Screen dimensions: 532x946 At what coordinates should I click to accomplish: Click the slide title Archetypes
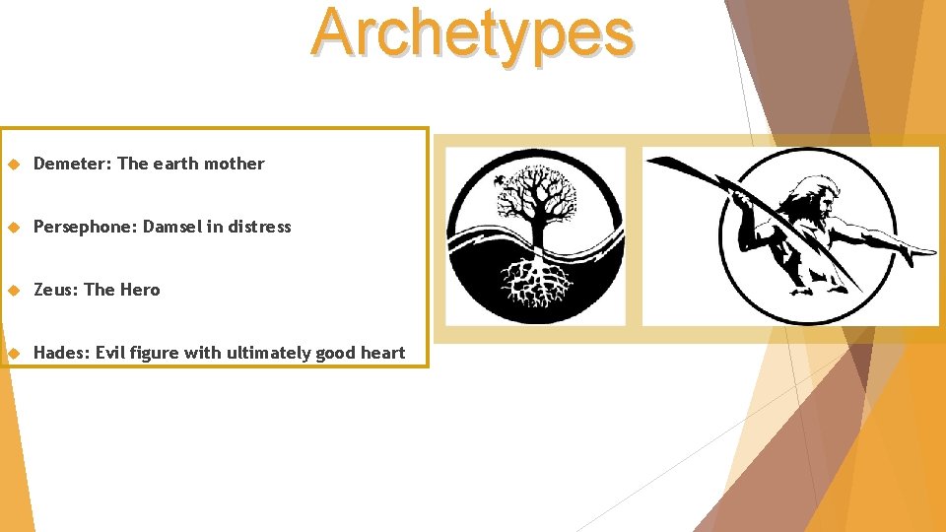coord(472,33)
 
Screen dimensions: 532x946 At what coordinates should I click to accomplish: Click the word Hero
coord(140,290)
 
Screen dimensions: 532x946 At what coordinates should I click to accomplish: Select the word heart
coord(382,353)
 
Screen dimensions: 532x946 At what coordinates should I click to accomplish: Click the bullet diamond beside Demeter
coord(14,165)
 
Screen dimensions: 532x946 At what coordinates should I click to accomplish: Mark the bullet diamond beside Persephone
coord(14,228)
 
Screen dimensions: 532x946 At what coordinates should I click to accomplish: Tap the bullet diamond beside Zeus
coord(14,291)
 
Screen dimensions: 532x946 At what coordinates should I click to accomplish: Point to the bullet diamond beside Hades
coord(14,354)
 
